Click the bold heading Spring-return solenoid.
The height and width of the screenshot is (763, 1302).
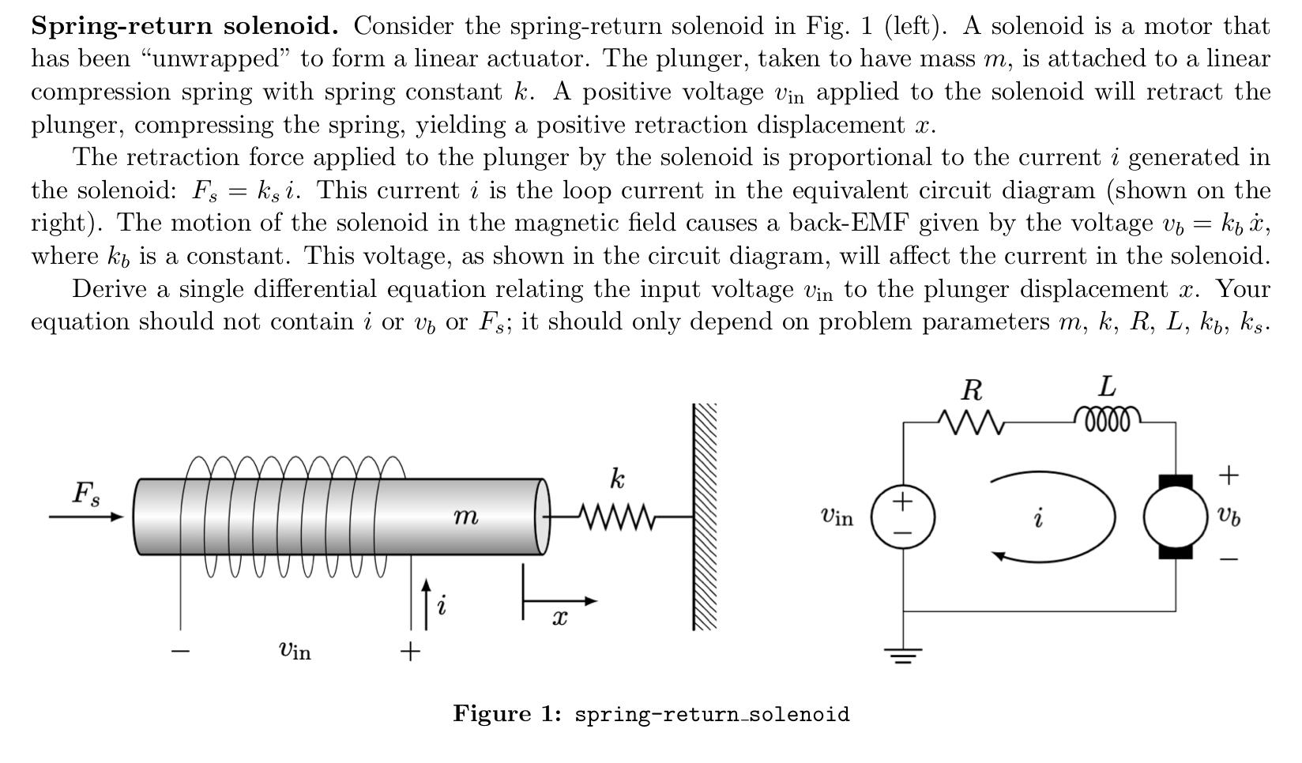pyautogui.click(x=184, y=26)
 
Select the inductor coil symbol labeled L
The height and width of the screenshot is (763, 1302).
pyautogui.click(x=1107, y=418)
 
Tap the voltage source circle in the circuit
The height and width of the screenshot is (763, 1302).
pyautogui.click(x=902, y=517)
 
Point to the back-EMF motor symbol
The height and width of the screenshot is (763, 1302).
pyautogui.click(x=1175, y=517)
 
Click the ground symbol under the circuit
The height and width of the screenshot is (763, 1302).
pyautogui.click(x=903, y=655)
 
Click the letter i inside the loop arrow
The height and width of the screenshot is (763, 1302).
pyautogui.click(x=1038, y=518)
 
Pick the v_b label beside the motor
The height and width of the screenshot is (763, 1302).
pyautogui.click(x=1228, y=517)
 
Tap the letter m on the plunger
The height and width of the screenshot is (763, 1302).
pyautogui.click(x=465, y=517)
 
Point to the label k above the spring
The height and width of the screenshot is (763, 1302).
pyautogui.click(x=617, y=479)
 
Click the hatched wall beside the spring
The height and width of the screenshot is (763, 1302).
pyautogui.click(x=705, y=517)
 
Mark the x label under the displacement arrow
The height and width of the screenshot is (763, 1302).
pyautogui.click(x=559, y=618)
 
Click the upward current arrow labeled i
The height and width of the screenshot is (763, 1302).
pyautogui.click(x=427, y=604)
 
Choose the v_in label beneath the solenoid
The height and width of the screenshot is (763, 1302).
pyautogui.click(x=295, y=650)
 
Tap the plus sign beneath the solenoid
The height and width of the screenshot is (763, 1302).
pyautogui.click(x=409, y=651)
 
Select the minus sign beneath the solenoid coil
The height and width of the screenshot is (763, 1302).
pyautogui.click(x=181, y=651)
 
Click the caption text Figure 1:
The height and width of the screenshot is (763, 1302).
pyautogui.click(x=506, y=714)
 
